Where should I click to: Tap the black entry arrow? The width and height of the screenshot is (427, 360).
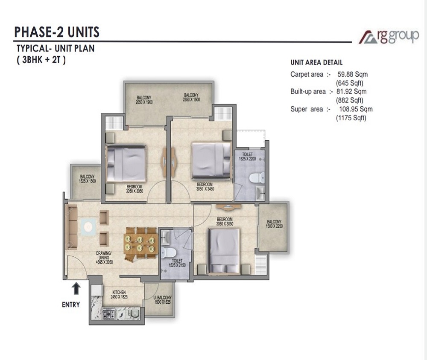(x=76, y=288)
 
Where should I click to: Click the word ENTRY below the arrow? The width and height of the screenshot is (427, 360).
(x=71, y=305)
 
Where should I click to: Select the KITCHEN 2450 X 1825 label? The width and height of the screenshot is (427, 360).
(x=119, y=295)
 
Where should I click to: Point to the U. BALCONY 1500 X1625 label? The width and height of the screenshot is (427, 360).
(x=163, y=299)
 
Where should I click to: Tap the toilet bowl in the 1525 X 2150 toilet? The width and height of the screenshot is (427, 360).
(x=167, y=252)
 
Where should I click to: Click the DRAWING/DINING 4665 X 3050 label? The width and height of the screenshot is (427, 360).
(x=104, y=257)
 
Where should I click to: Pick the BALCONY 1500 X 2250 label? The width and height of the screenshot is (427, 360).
(x=274, y=224)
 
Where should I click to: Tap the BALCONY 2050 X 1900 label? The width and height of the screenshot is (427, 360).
(x=144, y=100)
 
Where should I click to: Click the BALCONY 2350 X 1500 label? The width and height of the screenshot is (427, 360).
(x=191, y=97)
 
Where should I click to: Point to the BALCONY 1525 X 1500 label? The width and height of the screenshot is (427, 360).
(x=88, y=179)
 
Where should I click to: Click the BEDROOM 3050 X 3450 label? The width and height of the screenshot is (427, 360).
(x=205, y=186)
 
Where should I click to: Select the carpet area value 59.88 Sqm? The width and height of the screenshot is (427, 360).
(x=352, y=74)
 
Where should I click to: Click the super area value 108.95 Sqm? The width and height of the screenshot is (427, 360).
(x=356, y=109)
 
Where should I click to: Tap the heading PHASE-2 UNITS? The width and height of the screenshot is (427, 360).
(x=57, y=32)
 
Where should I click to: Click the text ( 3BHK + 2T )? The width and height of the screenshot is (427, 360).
(x=41, y=60)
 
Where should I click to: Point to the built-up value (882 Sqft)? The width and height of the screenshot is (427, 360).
(x=350, y=100)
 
